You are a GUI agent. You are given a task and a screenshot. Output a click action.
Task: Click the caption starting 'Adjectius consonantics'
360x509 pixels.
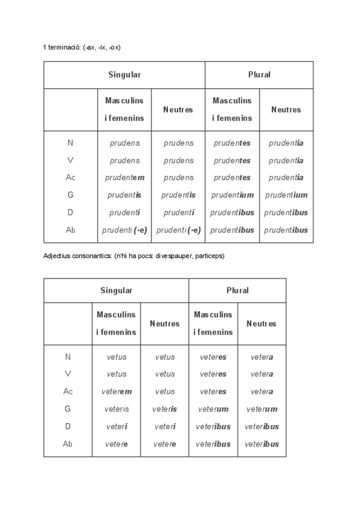134,256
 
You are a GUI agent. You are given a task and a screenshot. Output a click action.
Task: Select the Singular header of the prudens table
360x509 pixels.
124,75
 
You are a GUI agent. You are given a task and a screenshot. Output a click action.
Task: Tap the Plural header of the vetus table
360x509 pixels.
237,291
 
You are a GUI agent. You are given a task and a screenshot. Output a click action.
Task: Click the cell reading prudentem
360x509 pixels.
125,178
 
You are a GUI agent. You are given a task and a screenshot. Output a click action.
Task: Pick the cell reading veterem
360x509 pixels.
116,391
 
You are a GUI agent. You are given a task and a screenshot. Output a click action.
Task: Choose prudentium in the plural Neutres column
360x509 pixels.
286,195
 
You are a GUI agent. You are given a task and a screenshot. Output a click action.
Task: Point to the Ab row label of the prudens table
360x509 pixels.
70,230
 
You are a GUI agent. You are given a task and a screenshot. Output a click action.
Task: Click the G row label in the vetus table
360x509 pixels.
67,409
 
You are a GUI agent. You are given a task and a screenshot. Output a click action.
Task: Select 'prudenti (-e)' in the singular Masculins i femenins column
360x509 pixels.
125,230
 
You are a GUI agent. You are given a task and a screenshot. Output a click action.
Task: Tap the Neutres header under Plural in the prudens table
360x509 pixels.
286,110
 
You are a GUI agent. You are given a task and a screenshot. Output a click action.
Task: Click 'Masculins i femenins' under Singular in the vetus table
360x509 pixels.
116,323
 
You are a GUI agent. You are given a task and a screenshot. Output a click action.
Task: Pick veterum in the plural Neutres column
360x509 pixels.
262,409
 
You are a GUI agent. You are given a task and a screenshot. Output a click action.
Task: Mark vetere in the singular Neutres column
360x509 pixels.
164,444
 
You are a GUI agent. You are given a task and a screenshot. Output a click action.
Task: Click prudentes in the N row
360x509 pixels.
232,143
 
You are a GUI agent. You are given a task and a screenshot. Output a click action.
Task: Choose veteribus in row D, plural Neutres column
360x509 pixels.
262,427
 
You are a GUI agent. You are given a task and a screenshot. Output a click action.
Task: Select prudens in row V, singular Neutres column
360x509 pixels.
178,161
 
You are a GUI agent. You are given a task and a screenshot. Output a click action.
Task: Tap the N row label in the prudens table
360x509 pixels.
70,143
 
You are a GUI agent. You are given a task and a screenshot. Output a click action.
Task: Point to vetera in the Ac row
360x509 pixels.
262,391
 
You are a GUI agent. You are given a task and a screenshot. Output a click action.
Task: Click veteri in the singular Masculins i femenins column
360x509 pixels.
116,427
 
